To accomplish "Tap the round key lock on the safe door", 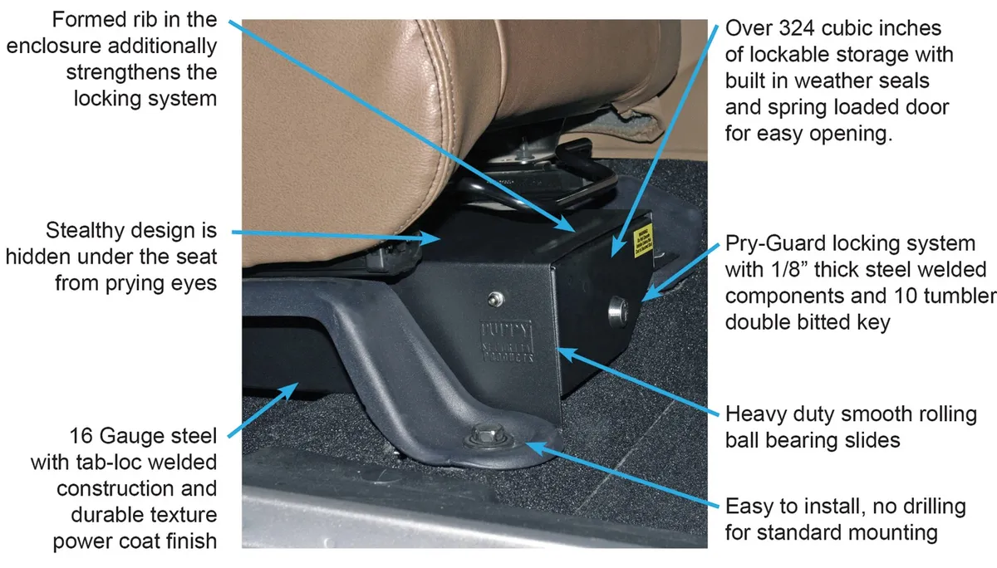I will point(618,311).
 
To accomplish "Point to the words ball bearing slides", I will point(813,438).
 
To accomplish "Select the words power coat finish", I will point(135,541).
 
